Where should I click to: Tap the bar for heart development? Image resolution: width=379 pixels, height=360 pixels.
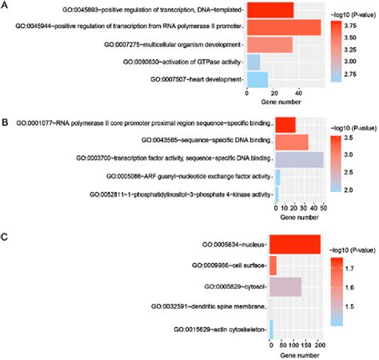[256, 79]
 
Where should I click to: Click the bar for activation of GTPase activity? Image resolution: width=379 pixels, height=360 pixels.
[253, 62]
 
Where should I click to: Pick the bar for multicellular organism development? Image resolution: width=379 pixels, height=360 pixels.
[269, 44]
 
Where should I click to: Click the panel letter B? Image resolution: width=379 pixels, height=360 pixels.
[6, 123]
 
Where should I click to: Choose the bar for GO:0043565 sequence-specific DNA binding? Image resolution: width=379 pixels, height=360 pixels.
[291, 142]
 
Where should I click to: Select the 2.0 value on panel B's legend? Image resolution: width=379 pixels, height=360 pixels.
[349, 190]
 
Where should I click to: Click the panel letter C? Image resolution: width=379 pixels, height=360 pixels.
[6, 238]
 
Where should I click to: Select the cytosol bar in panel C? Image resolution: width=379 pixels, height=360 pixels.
[285, 286]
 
